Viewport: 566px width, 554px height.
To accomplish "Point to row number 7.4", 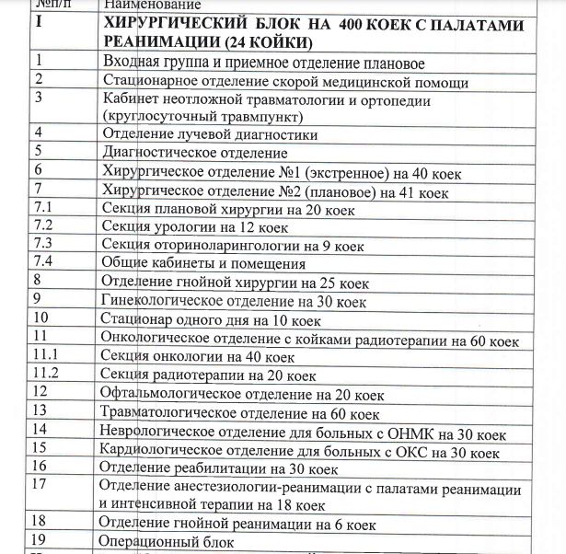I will [44, 261].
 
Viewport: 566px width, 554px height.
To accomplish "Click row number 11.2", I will [46, 373].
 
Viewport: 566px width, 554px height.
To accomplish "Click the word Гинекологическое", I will [160, 300].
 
